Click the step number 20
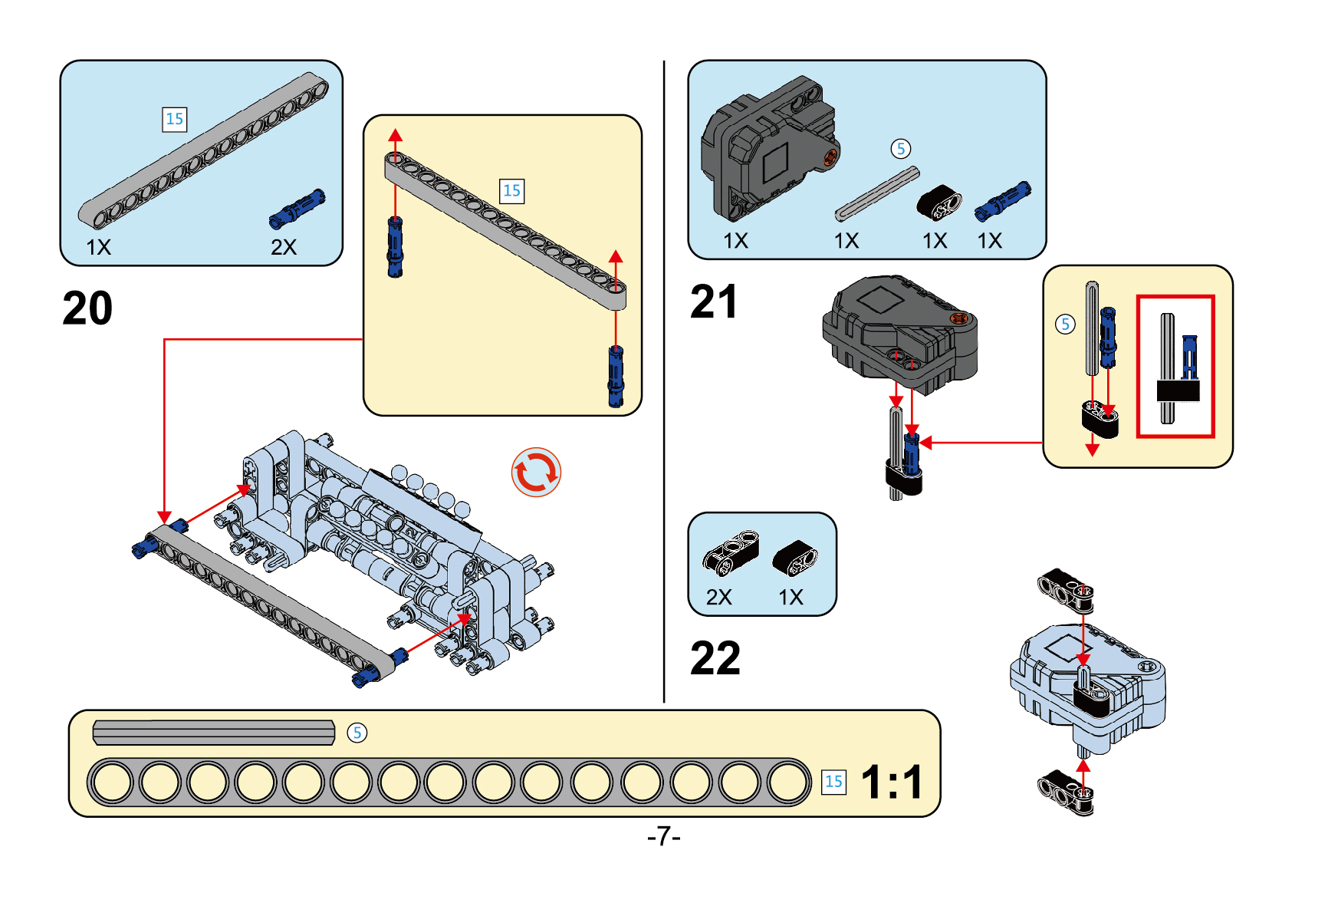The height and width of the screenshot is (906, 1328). [87, 308]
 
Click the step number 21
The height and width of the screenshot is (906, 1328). [713, 301]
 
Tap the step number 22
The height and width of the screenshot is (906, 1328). [715, 658]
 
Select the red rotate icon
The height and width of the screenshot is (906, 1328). [536, 472]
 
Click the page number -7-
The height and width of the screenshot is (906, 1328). [663, 835]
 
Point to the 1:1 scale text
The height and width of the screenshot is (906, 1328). [892, 782]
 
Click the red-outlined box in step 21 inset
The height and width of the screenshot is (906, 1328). [1175, 366]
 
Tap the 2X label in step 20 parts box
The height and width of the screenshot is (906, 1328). [283, 247]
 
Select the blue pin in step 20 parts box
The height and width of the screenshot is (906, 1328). [297, 209]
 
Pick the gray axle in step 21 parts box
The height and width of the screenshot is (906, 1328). [877, 193]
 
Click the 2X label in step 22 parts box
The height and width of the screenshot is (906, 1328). [718, 597]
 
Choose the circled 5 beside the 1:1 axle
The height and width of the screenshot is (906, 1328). [357, 733]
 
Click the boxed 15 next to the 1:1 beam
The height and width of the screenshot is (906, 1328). [833, 782]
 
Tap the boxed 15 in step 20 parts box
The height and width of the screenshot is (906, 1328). [175, 119]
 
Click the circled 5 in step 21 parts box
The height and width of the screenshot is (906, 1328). [901, 149]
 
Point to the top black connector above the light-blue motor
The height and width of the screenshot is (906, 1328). [1066, 589]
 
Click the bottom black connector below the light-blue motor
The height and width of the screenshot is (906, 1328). [1066, 792]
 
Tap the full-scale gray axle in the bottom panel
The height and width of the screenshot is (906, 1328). [214, 733]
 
